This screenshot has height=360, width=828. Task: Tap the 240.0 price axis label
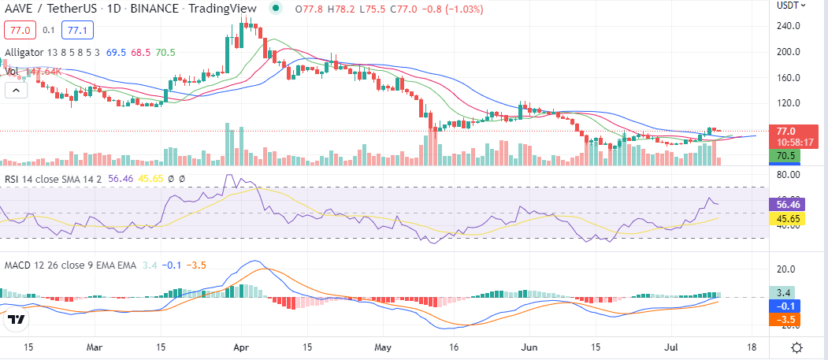(789, 26)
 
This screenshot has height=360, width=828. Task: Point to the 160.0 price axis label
(789, 77)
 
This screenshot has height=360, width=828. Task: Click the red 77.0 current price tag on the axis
(786, 132)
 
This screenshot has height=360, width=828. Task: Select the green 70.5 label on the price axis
(785, 156)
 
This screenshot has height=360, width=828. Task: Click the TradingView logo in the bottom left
(16, 319)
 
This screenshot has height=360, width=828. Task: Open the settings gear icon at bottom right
(797, 347)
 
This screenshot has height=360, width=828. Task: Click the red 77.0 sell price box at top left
(18, 31)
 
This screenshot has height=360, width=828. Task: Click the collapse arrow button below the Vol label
(16, 91)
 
